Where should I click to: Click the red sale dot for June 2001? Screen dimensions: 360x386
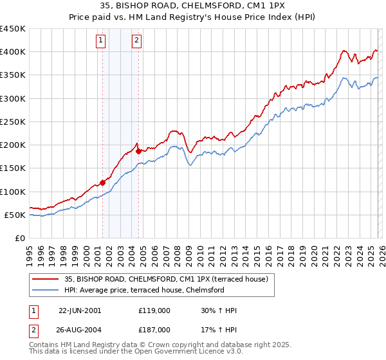pos(102,183)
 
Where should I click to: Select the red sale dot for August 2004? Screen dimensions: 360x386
pos(138,151)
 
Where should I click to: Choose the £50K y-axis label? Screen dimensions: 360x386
pos(15,215)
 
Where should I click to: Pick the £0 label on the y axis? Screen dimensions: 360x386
pos(19,238)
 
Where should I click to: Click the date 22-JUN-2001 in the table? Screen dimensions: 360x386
pos(80,310)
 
